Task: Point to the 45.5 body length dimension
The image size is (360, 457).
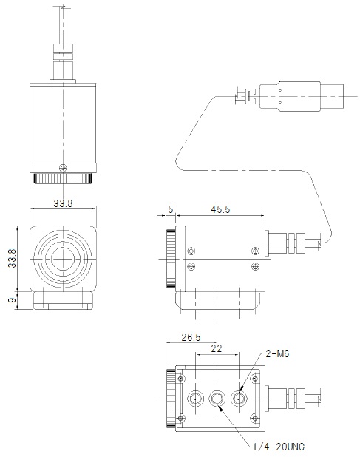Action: click(x=220, y=210)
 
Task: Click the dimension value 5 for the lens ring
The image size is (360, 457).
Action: click(x=171, y=210)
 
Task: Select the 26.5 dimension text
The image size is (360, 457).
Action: click(x=190, y=338)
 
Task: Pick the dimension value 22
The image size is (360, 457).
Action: click(x=217, y=348)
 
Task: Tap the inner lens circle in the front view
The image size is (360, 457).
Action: click(x=64, y=258)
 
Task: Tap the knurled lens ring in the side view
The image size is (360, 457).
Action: click(x=171, y=258)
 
